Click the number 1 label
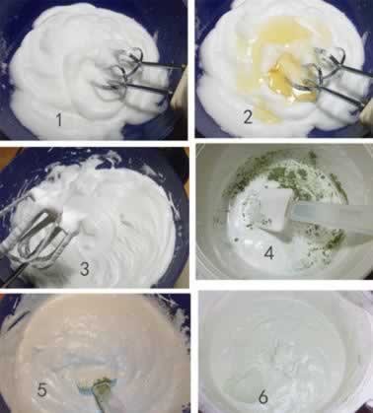[x=58, y=119]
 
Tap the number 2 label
[x=248, y=117]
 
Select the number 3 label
[x=85, y=269]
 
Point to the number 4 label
[x=269, y=253]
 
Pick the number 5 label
[x=42, y=390]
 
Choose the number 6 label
[x=263, y=396]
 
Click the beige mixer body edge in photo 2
[x=366, y=105]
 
